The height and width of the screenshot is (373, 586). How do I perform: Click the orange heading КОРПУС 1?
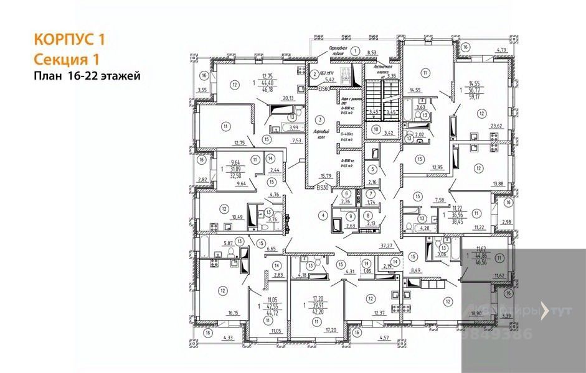69,40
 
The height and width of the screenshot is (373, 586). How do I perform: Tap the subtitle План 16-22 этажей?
87,76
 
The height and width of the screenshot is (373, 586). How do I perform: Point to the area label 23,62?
496,126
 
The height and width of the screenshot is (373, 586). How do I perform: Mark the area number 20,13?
287,98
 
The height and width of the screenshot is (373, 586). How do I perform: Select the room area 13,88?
497,183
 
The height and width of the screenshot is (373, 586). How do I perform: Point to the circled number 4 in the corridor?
323,215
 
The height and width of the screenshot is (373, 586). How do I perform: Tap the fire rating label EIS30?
321,186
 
